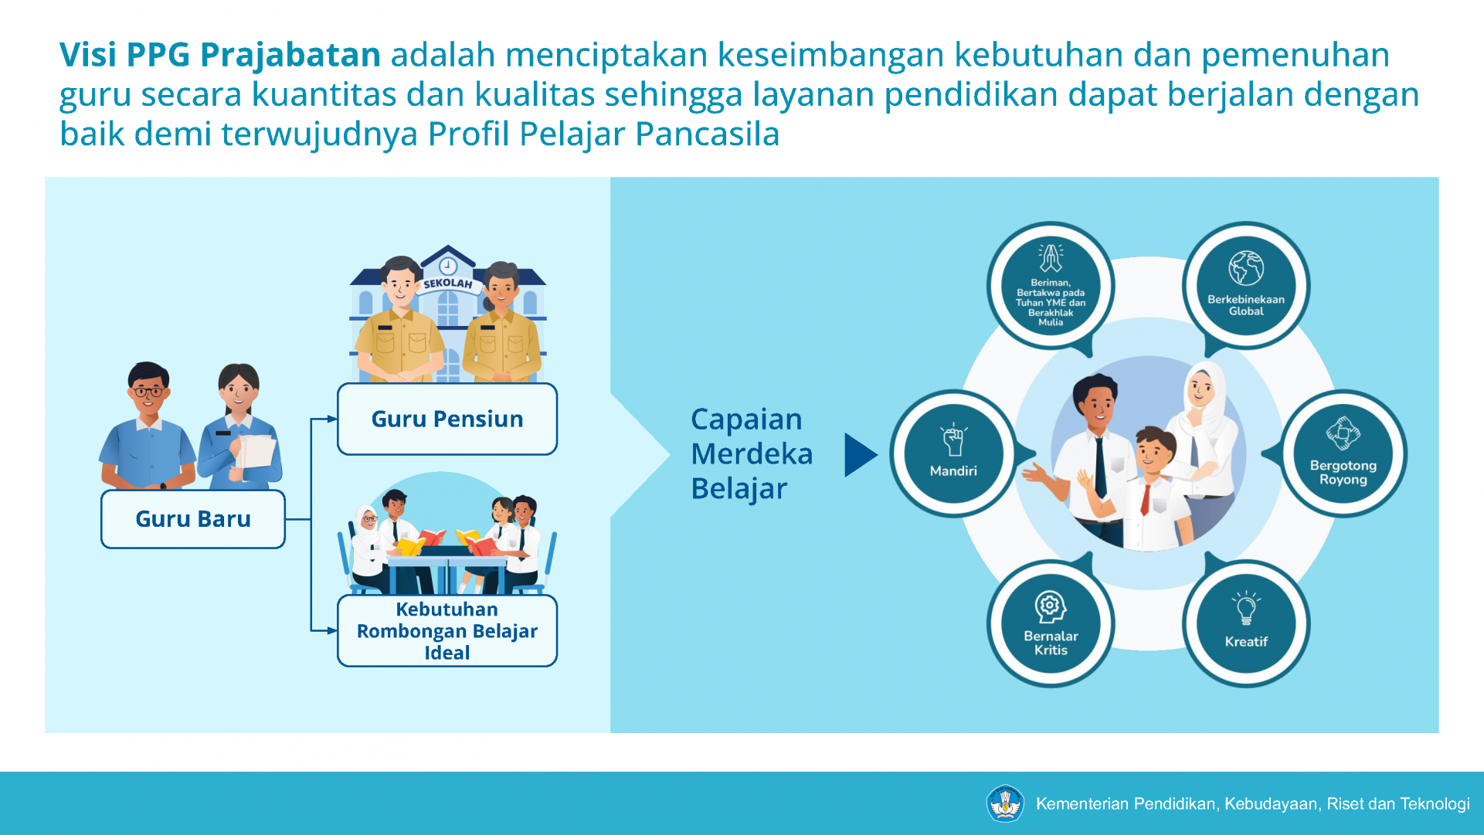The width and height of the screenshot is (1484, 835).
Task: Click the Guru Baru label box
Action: coord(193,519)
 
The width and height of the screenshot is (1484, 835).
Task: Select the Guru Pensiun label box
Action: coord(447,419)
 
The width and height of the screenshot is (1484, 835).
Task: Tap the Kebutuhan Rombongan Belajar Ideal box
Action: coord(447,630)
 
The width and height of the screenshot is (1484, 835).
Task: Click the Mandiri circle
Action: coord(953,453)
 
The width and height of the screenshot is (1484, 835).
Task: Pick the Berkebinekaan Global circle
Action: coord(1246,286)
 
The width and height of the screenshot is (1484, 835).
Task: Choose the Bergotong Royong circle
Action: coord(1343,453)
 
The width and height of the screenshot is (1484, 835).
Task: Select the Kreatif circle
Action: coord(1246,623)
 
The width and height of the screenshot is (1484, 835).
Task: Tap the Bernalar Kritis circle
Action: coord(1051,623)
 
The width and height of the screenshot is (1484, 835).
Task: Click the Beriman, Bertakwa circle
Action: coord(1051,286)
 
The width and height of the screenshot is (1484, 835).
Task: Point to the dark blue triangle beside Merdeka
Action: coord(860,455)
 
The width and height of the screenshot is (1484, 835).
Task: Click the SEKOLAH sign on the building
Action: coord(448,283)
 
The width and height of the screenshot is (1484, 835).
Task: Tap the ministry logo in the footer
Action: coord(1005,803)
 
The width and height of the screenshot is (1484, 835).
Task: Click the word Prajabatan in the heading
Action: coord(290,56)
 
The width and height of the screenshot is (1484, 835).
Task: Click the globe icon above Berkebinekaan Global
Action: coord(1246,269)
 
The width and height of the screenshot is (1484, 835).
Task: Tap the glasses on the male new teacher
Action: coord(148,392)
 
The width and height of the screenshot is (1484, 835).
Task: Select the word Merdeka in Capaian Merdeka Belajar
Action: coord(752,454)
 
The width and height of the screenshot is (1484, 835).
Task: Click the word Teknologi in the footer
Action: coord(1437,804)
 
